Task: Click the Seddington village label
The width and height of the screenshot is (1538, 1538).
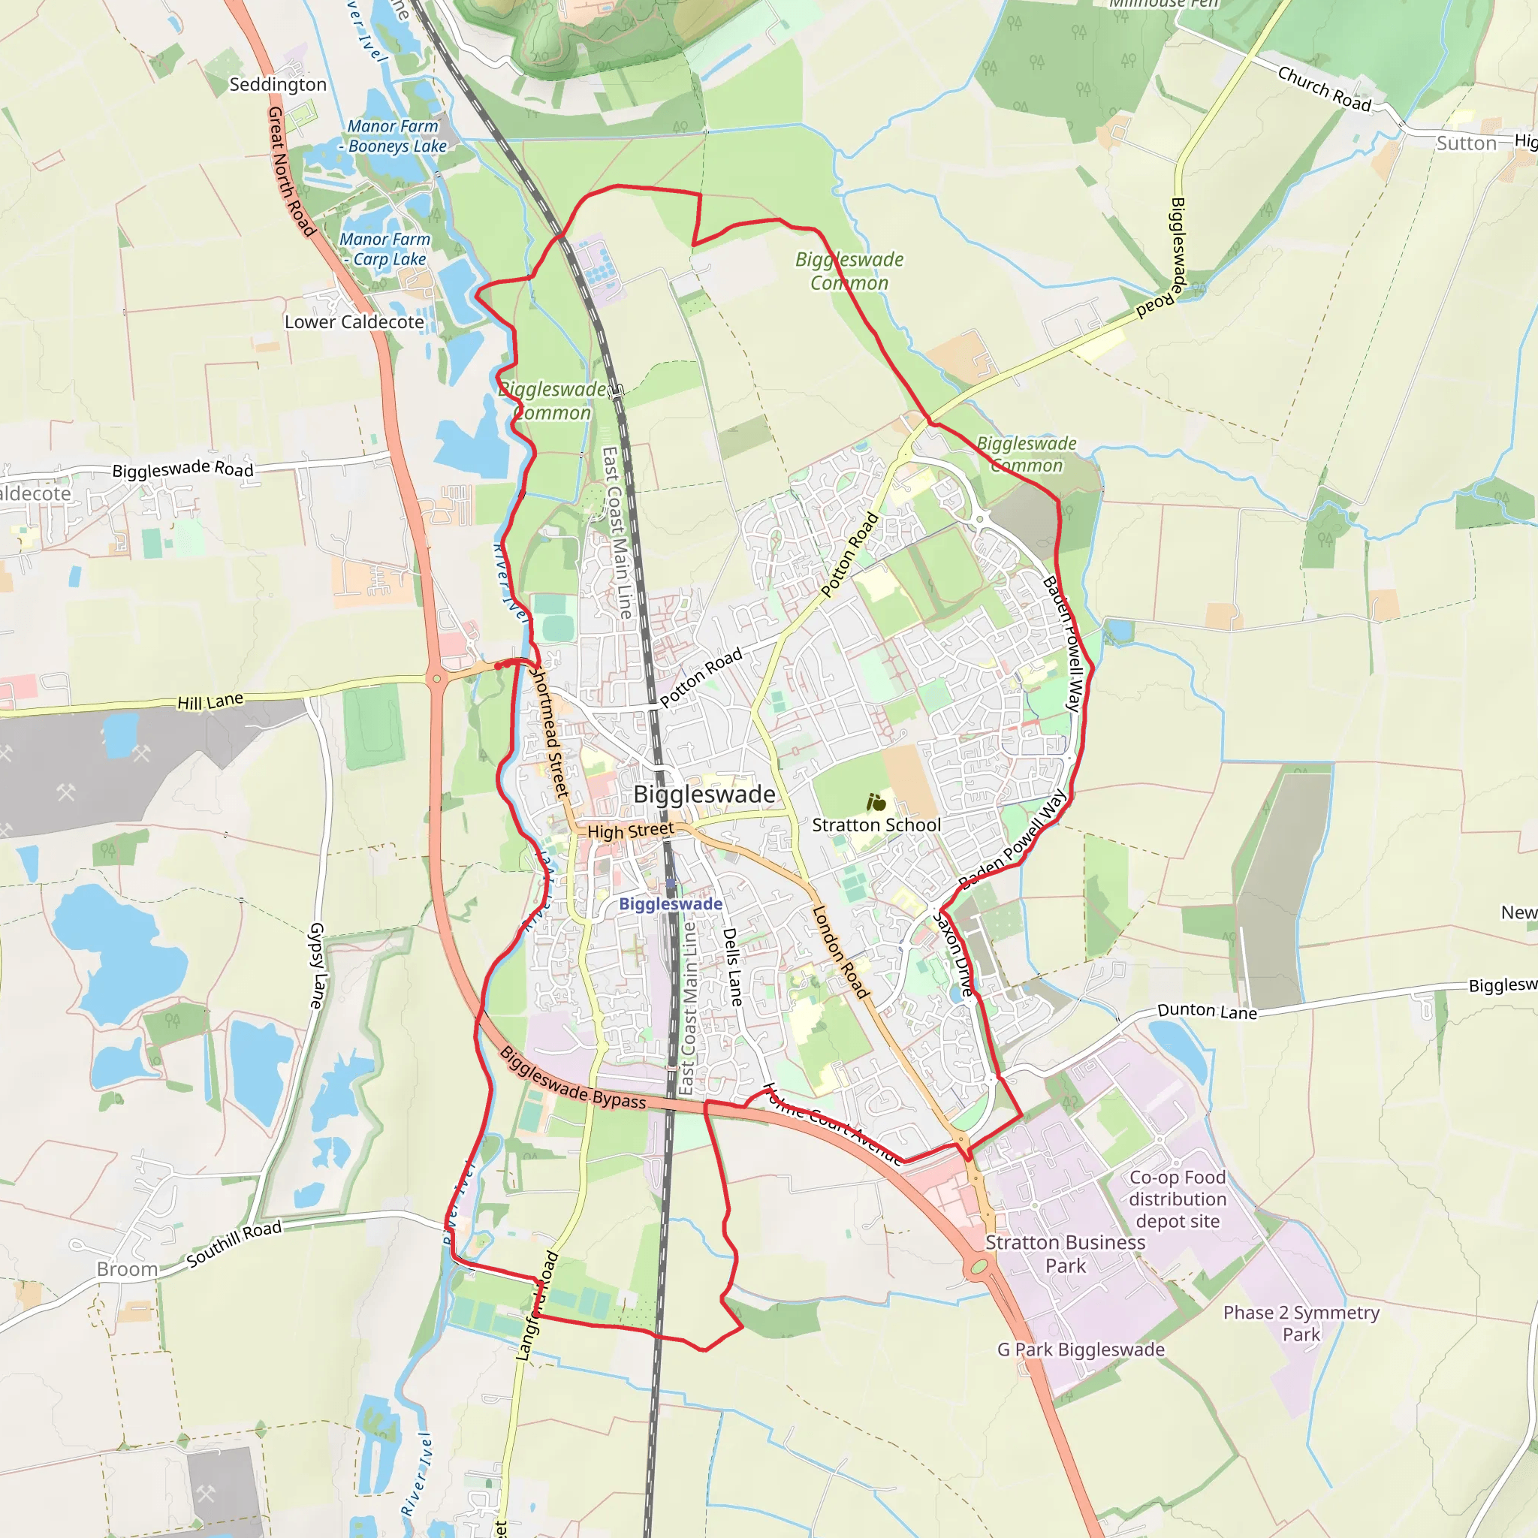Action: (278, 84)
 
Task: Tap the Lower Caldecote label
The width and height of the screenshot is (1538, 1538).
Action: (354, 321)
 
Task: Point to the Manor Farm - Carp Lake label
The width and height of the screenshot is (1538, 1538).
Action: (386, 249)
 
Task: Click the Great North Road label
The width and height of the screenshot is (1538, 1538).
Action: (291, 171)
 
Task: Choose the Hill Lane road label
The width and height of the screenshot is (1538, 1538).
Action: (210, 701)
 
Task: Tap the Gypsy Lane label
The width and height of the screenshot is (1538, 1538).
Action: (318, 966)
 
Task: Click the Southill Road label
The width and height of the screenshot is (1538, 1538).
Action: (234, 1244)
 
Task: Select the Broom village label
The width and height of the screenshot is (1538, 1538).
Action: (128, 1269)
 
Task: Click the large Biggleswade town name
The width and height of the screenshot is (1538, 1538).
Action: (704, 795)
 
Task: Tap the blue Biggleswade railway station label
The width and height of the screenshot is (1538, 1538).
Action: (671, 903)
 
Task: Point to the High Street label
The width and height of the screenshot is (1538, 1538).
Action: (631, 831)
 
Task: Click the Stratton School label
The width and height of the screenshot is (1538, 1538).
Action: (876, 825)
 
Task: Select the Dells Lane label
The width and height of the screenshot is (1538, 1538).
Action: (732, 967)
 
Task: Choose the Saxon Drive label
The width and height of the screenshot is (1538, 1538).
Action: (953, 954)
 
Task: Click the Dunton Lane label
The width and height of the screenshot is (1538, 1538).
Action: (1207, 1011)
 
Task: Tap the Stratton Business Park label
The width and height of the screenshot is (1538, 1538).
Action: (1065, 1254)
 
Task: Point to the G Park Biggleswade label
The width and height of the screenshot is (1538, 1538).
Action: (1081, 1350)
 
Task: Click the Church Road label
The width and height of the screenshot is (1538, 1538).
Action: (1325, 89)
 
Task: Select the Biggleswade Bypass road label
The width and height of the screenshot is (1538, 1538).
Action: (573, 1078)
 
